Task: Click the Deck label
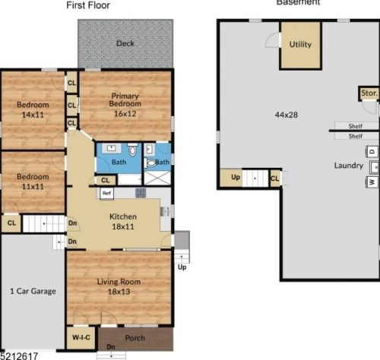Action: (125, 43)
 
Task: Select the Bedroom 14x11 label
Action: (33, 109)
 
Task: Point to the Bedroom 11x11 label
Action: (33, 182)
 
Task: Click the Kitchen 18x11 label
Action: (118, 221)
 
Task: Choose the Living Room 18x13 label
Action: (118, 286)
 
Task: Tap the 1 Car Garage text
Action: (33, 291)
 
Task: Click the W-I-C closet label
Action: (82, 336)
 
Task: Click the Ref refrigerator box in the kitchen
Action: (107, 194)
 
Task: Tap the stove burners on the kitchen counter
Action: (141, 193)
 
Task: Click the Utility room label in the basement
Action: (300, 45)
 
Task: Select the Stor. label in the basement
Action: (369, 93)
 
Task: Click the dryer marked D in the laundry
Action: (372, 150)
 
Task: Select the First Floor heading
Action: (87, 5)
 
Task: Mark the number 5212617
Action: (18, 354)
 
